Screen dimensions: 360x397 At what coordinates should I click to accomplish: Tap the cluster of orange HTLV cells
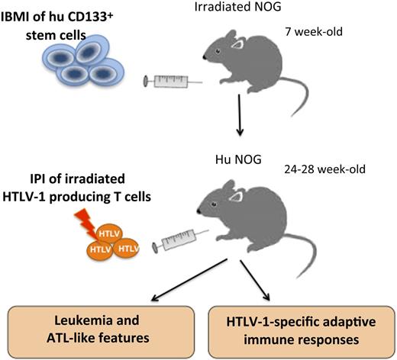coord(113,245)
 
